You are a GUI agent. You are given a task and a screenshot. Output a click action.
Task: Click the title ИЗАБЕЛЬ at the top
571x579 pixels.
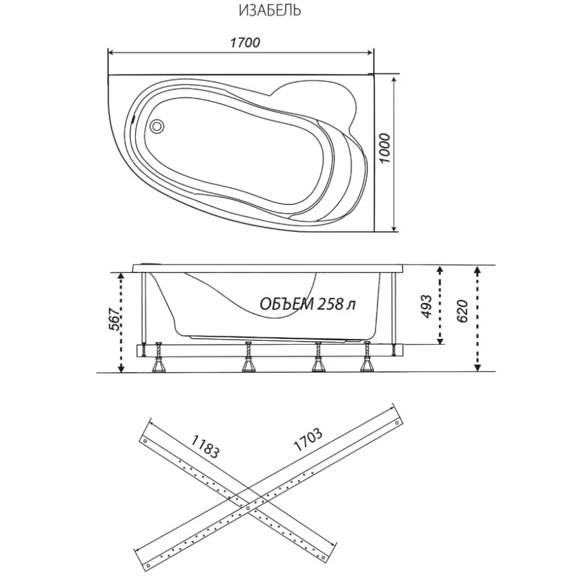pos(270,11)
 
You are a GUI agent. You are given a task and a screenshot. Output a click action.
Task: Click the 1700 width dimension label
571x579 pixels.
pos(245,43)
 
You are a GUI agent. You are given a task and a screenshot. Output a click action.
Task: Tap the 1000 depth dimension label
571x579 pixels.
pos(384,149)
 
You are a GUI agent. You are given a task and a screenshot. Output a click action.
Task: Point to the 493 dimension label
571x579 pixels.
pos(426,306)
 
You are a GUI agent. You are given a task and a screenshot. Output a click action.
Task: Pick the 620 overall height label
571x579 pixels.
pos(463,311)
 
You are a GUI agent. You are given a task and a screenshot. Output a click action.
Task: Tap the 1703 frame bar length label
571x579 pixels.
pos(308,439)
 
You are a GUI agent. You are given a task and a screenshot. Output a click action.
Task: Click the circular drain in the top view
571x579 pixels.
pos(157,125)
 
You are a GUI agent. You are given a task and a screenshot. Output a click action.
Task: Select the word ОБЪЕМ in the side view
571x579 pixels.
pos(285,304)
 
